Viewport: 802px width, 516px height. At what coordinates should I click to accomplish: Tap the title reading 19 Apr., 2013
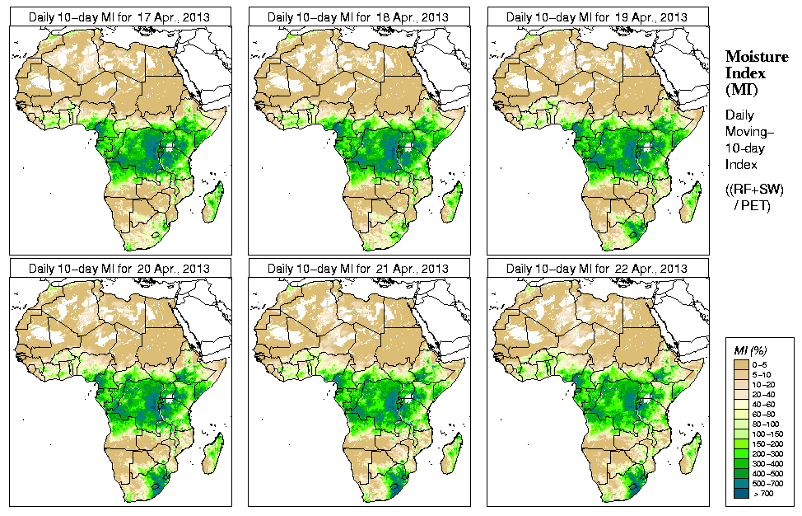coord(597,16)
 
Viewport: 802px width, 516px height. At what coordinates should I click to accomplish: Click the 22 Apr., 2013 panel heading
coord(597,269)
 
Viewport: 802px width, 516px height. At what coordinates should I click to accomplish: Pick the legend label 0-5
coord(765,364)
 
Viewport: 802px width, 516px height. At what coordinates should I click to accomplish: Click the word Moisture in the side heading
coord(757,56)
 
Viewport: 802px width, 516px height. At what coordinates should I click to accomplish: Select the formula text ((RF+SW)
coord(755,190)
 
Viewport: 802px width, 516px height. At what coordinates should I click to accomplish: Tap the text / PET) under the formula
coord(755,205)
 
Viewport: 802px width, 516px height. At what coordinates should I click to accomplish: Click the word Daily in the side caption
coord(739,116)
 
